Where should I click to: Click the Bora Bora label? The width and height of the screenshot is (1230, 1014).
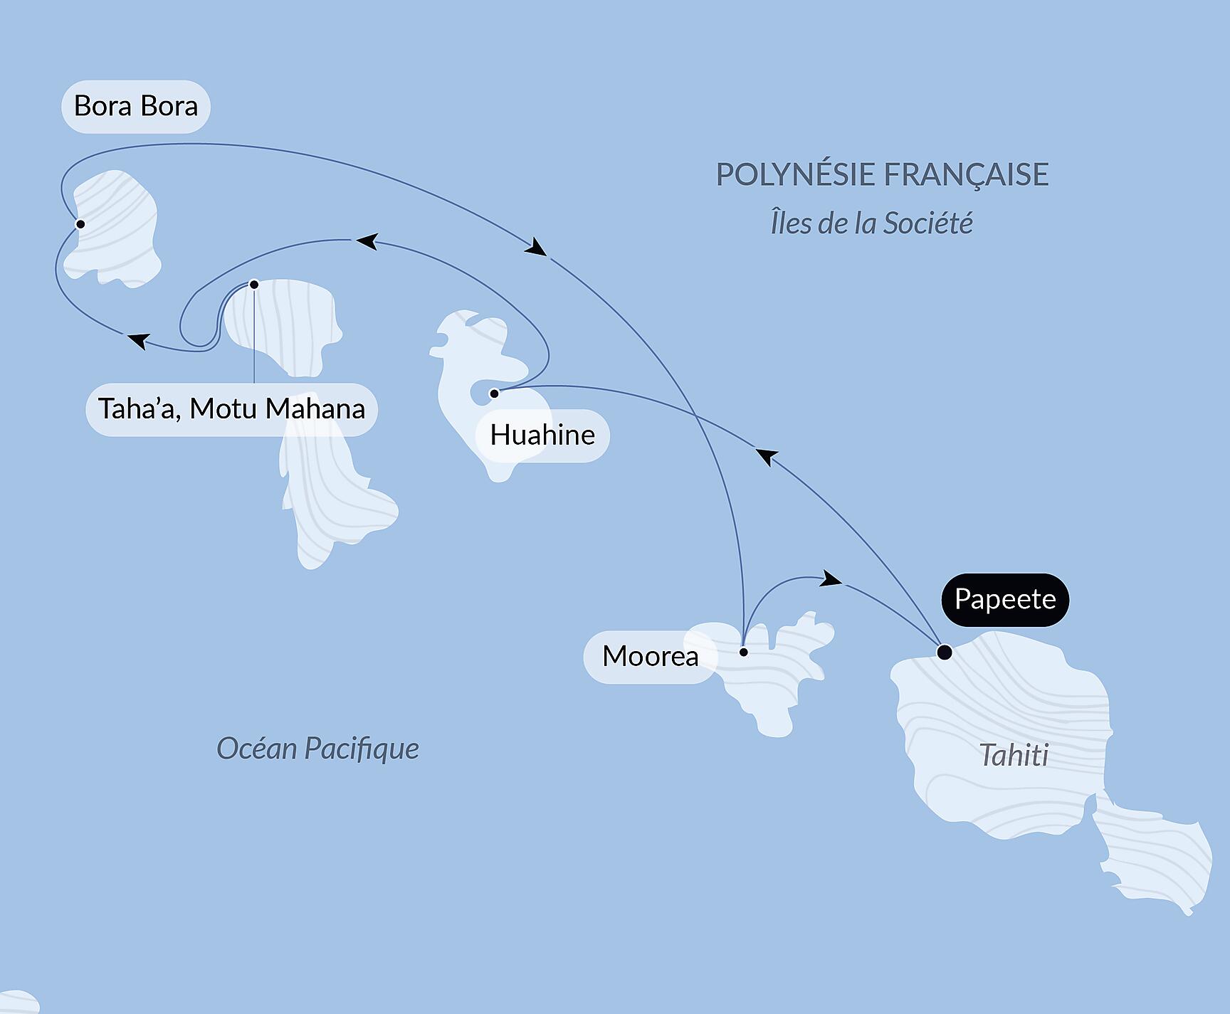tap(135, 107)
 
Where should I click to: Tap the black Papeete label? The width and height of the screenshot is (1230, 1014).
tap(1004, 599)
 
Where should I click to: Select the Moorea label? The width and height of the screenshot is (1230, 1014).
tap(649, 656)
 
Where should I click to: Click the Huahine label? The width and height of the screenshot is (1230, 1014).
tap(542, 435)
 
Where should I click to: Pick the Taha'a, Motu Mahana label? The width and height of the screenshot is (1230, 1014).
tap(231, 409)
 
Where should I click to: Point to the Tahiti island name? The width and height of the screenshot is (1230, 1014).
tap(1014, 755)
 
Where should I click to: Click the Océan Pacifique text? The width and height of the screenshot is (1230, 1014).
tap(317, 749)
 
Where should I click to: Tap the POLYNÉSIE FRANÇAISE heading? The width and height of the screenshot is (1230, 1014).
tap(882, 174)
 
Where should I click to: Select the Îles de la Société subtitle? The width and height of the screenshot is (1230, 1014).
tap(871, 223)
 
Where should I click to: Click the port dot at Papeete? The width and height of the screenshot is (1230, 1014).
tap(944, 652)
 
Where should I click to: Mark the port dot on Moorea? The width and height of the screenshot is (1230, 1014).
tap(743, 652)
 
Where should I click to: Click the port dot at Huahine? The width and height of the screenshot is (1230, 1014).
tap(494, 394)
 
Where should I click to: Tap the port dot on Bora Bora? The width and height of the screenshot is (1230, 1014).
tap(80, 224)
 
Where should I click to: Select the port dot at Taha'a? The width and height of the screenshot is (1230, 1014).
tap(254, 285)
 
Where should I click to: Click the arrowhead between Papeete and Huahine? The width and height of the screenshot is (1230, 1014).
tap(765, 455)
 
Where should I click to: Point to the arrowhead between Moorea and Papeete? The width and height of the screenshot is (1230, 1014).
tap(831, 579)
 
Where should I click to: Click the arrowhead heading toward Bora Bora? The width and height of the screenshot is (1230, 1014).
tap(137, 340)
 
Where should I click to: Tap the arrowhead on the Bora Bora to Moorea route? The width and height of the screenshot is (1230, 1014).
tap(537, 247)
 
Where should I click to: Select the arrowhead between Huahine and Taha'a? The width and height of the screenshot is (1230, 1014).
tap(366, 241)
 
